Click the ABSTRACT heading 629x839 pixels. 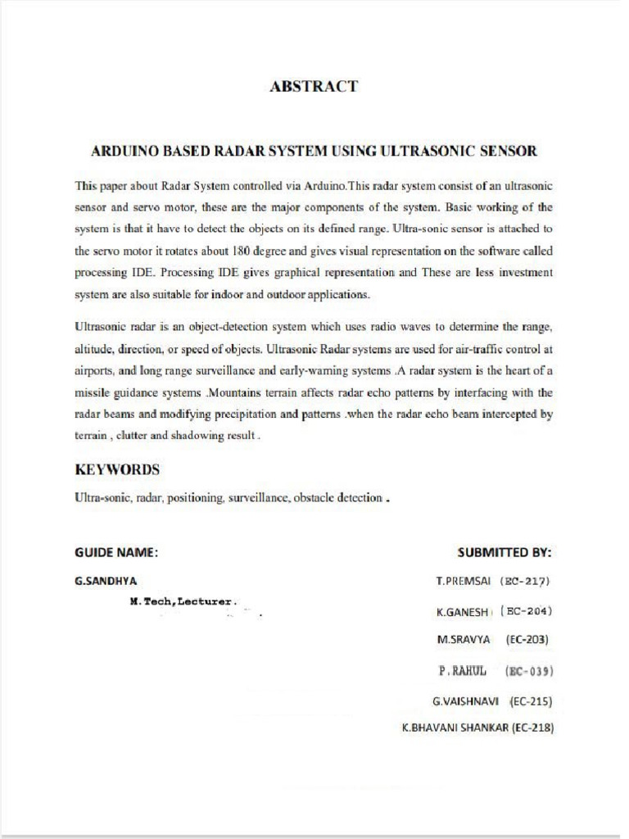(x=314, y=86)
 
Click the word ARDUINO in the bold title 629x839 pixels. (x=124, y=151)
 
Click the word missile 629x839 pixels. (x=92, y=392)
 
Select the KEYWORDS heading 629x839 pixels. (x=117, y=470)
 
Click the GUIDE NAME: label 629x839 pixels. (x=116, y=552)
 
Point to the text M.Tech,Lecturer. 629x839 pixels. (x=183, y=601)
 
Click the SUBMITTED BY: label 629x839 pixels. (x=505, y=552)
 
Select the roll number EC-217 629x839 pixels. (x=524, y=581)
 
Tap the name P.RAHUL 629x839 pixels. (x=463, y=671)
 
